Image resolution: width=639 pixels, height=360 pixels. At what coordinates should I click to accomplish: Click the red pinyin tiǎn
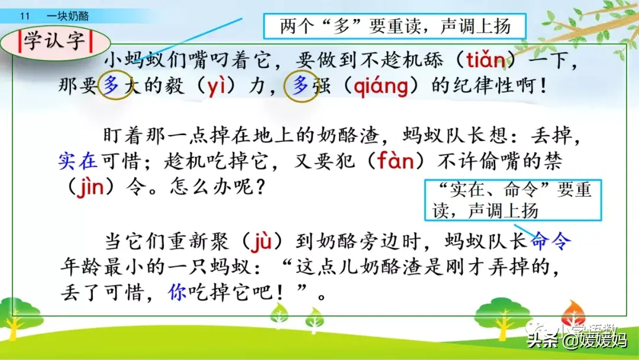[486, 60]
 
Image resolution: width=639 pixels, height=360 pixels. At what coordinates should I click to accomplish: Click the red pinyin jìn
[91, 187]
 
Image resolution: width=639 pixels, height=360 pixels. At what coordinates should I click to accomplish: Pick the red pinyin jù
[262, 241]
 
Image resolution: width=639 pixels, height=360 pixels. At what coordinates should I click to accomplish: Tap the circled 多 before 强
[300, 85]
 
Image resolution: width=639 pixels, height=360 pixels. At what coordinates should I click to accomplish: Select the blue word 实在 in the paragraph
[78, 161]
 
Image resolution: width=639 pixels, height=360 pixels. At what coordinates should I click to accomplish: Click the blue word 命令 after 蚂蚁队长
[551, 241]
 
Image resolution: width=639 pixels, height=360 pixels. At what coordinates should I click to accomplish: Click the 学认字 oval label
[55, 41]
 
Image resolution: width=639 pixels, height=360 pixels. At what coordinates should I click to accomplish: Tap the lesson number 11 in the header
[25, 17]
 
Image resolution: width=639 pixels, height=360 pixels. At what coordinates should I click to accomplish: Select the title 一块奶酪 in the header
[67, 17]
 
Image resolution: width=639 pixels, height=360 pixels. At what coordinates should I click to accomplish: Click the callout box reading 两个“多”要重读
[395, 26]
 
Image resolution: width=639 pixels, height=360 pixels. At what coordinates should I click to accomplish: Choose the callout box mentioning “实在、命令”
[513, 200]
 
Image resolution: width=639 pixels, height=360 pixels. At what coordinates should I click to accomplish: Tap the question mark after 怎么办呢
[260, 187]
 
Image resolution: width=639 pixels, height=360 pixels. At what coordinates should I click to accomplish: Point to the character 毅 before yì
[174, 86]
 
